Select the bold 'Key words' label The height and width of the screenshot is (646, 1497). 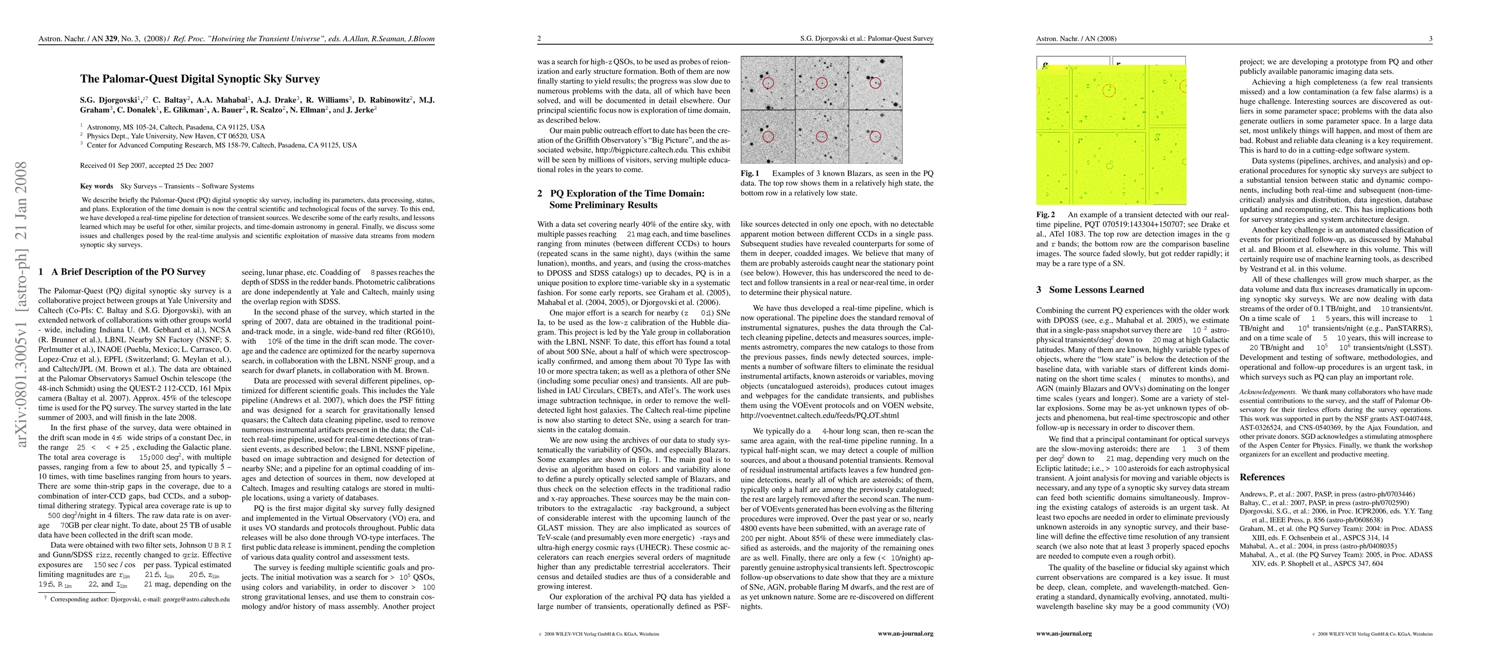pos(96,186)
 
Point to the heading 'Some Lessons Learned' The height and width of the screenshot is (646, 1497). pos(1097,290)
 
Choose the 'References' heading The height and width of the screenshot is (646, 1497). pos(1262,478)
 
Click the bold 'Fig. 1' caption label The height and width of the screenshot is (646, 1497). pos(750,174)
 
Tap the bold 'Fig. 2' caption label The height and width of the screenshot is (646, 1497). pos(1045,215)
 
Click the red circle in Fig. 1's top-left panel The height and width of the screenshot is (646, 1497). pos(768,83)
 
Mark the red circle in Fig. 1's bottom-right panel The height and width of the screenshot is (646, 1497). pos(875,137)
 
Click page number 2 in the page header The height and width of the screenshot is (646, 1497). pos(539,39)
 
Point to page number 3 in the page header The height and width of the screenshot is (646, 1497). pos(1430,39)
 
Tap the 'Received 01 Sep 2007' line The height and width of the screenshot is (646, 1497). pos(146,166)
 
